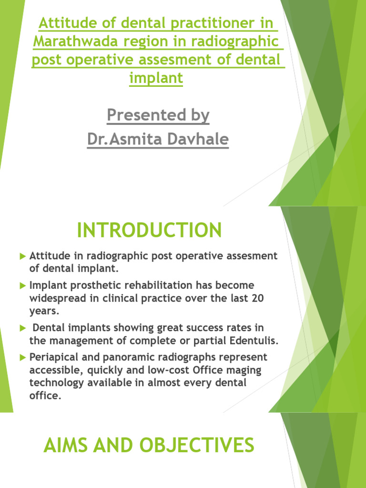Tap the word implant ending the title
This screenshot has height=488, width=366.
(156, 78)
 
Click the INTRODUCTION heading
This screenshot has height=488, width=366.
(149, 231)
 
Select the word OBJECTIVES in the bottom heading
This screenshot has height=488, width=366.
(197, 446)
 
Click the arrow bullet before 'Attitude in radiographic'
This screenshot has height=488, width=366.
(22, 256)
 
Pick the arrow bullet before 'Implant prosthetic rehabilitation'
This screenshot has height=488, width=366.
(22, 286)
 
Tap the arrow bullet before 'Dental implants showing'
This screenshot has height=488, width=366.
(22, 328)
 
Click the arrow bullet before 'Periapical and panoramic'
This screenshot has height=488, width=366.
(22, 357)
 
